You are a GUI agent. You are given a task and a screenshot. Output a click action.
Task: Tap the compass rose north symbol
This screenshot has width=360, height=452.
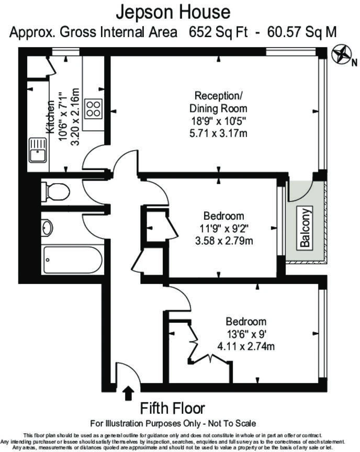coord(341,54)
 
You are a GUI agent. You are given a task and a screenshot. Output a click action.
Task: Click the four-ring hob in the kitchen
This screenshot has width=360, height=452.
coord(93,109)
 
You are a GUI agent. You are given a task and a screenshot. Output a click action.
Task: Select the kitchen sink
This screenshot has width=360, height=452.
coord(38,150)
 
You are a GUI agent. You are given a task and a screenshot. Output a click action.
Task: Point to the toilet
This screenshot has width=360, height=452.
coord(55,191)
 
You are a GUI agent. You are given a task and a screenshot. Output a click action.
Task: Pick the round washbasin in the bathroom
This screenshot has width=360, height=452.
coord(47,228)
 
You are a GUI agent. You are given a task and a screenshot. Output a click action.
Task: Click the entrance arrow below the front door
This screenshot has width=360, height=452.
coord(128,393)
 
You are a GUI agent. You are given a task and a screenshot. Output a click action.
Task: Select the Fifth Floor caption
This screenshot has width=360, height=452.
coord(172,409)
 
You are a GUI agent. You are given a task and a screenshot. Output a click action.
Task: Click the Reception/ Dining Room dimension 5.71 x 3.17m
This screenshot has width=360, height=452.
coord(218,133)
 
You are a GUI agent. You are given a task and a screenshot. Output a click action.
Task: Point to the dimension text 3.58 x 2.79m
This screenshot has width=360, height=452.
coord(224,241)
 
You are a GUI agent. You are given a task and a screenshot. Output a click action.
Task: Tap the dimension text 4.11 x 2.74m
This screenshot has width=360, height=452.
coord(246,346)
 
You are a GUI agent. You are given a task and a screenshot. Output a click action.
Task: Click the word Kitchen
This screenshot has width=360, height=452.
coord(50,117)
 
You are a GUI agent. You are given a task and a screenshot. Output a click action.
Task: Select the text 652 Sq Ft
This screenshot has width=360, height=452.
coord(218,32)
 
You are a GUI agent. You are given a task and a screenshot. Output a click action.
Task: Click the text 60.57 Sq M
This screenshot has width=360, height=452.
coord(302,32)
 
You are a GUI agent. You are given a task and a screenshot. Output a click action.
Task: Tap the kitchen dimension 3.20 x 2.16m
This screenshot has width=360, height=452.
coord(75,117)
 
